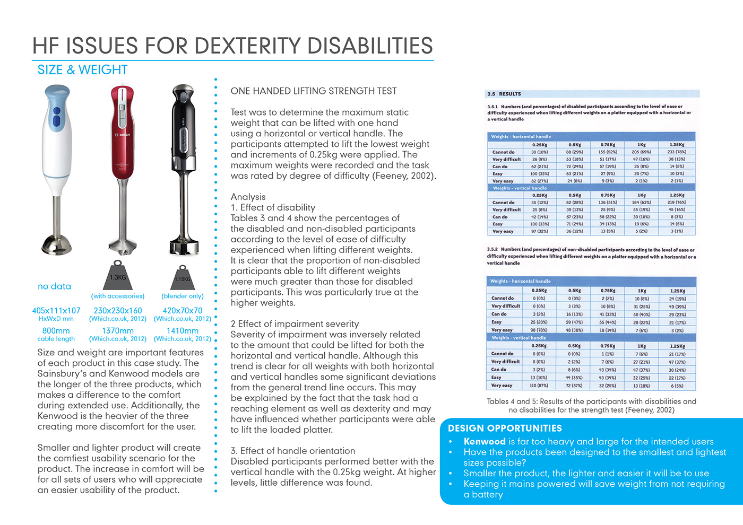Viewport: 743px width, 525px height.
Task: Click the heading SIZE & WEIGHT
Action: [x=82, y=70]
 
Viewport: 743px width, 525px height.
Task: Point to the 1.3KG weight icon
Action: [x=118, y=275]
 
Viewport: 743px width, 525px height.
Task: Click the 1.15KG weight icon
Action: [x=182, y=277]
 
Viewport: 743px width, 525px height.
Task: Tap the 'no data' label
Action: [x=54, y=286]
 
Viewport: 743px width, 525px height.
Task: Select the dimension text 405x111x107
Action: [x=56, y=311]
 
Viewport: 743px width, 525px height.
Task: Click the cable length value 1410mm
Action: [x=182, y=330]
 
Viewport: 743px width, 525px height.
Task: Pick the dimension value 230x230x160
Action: [x=118, y=311]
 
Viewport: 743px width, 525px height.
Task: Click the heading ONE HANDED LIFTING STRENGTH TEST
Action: [x=313, y=91]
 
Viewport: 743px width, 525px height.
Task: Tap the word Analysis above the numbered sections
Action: [x=248, y=197]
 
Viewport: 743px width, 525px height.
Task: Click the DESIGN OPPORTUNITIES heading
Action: [x=505, y=428]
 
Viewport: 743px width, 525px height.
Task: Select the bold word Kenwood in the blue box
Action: [x=484, y=441]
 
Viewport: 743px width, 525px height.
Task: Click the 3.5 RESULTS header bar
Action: [x=592, y=94]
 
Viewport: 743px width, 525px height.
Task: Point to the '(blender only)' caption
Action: [x=182, y=296]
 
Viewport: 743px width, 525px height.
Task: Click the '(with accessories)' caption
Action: [x=118, y=296]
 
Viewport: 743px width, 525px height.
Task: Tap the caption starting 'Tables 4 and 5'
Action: [x=591, y=406]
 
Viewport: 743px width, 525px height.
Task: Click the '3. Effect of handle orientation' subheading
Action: [x=292, y=451]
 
